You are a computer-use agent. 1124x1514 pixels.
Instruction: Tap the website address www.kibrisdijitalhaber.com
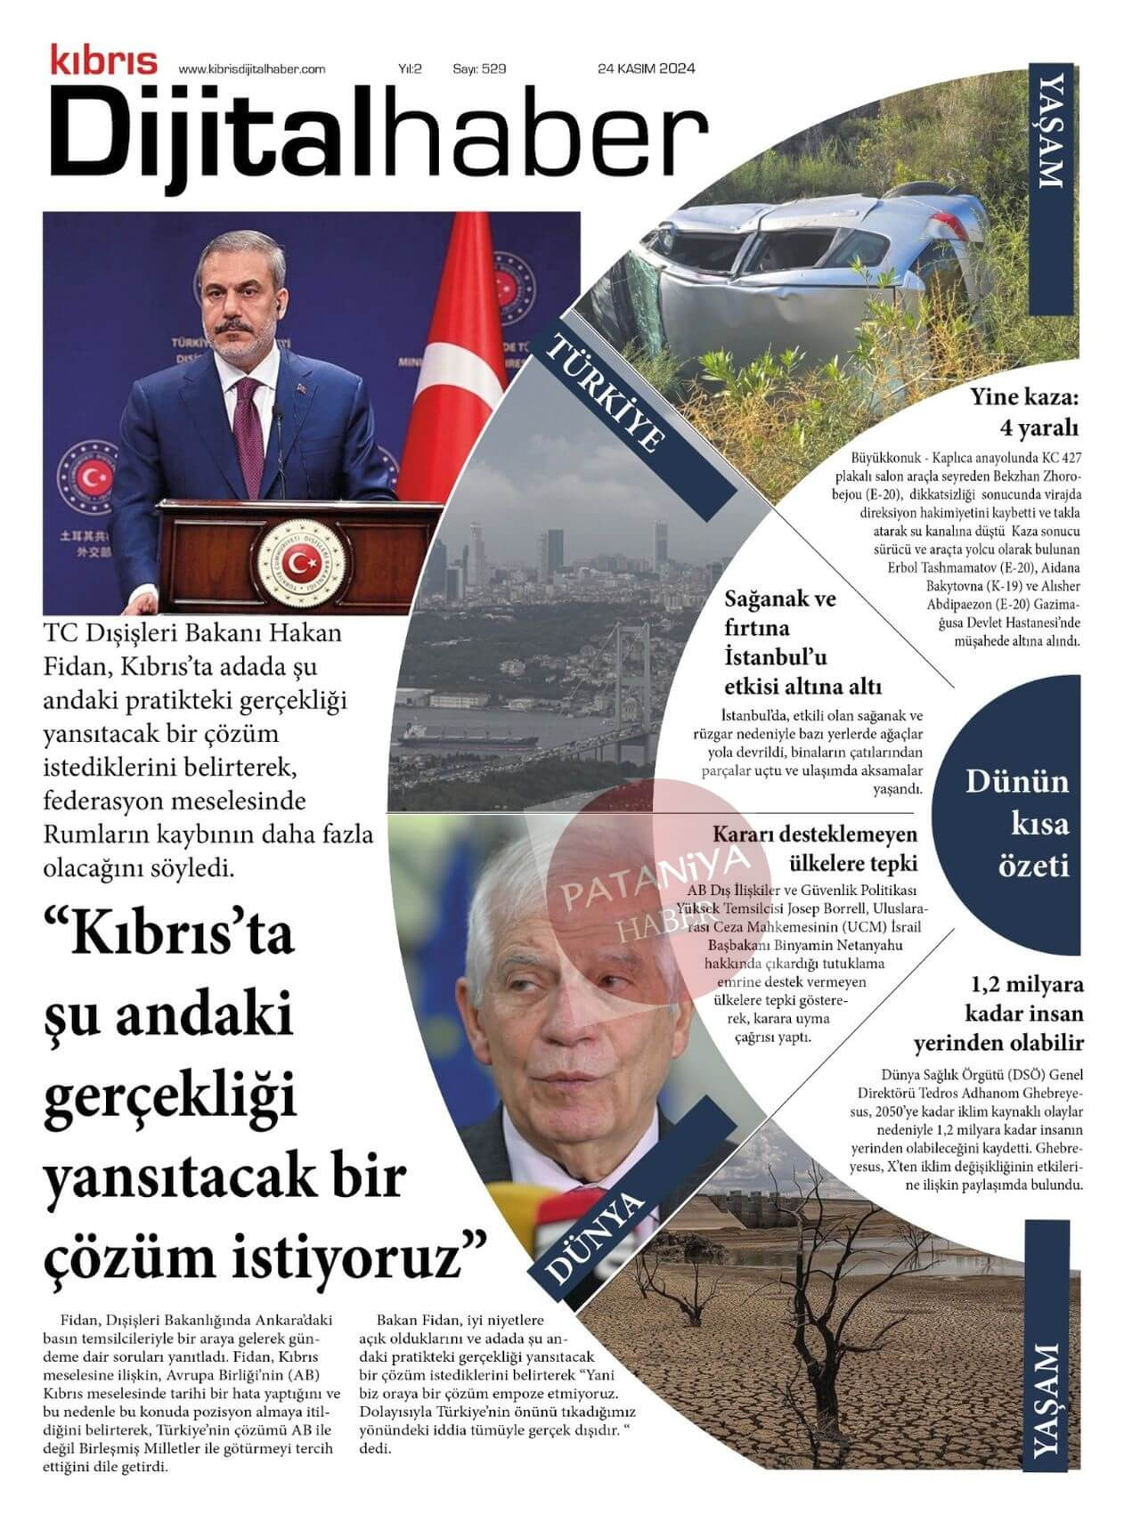252,69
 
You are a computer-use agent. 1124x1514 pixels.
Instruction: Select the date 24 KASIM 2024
647,69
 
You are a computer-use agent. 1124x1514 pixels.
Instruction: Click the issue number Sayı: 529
479,69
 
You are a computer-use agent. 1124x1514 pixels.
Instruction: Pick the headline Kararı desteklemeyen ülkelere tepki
815,849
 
